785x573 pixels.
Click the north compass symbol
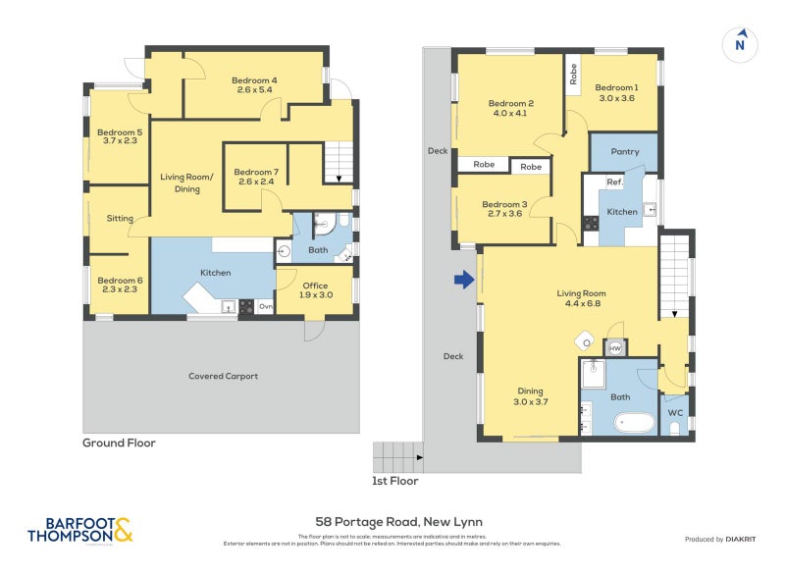[741, 43]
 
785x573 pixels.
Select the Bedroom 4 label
[253, 84]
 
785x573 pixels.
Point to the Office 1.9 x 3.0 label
[314, 290]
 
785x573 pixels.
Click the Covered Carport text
[223, 376]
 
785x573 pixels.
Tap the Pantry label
[624, 152]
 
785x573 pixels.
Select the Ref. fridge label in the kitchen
[614, 182]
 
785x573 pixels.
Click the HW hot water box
[615, 348]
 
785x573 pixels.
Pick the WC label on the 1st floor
[675, 412]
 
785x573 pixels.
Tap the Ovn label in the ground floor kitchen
[265, 307]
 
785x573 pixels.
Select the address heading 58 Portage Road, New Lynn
[398, 522]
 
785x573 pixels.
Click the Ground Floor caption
[119, 443]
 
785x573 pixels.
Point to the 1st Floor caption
[395, 481]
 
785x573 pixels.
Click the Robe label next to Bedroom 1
[573, 73]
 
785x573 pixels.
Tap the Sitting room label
[120, 219]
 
